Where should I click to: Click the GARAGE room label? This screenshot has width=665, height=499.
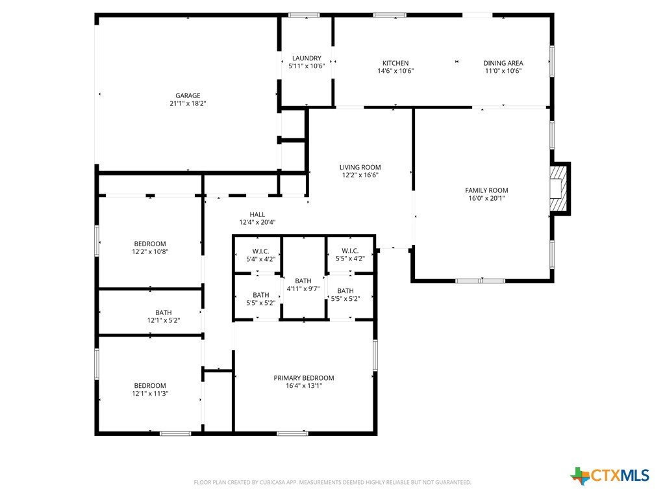[x=188, y=96]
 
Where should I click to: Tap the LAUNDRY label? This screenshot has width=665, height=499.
[x=307, y=58]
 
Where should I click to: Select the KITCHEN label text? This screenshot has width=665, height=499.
[x=395, y=63]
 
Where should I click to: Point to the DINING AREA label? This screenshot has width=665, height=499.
[x=503, y=63]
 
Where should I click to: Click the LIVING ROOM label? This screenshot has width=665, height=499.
[x=360, y=168]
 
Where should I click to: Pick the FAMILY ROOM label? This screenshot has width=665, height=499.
[x=486, y=190]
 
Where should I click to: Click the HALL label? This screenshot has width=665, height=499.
[x=257, y=214]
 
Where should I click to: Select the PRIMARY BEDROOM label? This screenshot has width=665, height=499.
[x=304, y=378]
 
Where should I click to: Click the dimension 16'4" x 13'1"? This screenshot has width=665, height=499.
[x=304, y=386]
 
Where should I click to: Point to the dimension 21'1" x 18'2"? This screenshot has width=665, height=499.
[x=188, y=103]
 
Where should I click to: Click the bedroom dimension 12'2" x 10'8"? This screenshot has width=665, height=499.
[x=150, y=251]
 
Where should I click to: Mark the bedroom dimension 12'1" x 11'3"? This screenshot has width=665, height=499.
[x=150, y=393]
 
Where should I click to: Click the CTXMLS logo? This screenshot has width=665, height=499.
[x=610, y=476]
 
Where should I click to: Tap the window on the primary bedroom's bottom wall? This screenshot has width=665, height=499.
[x=293, y=433]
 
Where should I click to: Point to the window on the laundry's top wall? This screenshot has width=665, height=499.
[x=304, y=15]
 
